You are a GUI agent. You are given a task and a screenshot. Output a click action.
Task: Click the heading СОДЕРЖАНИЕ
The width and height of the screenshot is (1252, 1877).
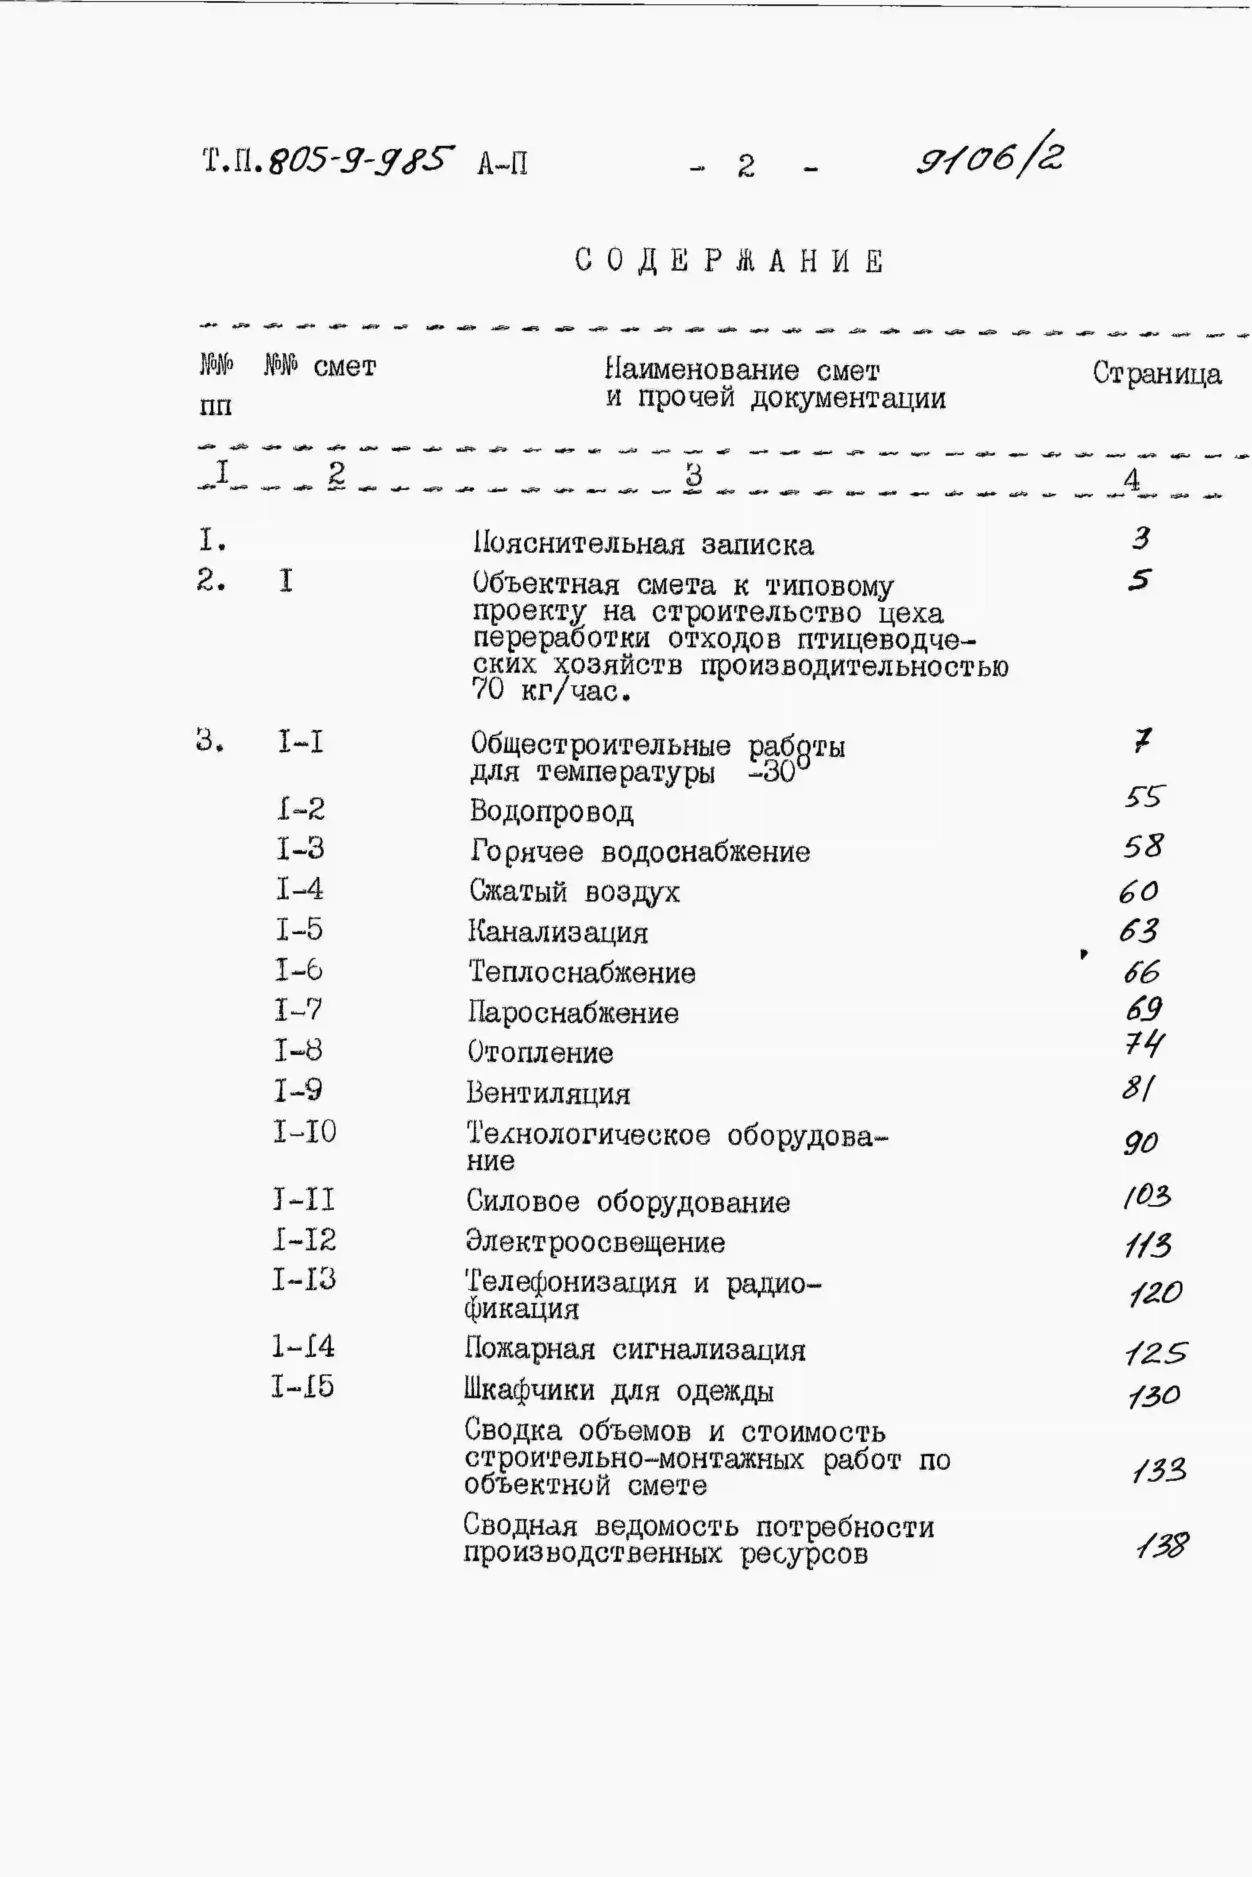(x=729, y=261)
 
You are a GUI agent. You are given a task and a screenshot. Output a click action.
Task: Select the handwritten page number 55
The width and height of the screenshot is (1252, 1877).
(x=1144, y=796)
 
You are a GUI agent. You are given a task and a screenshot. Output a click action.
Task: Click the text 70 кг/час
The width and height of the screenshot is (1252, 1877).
(x=551, y=690)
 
